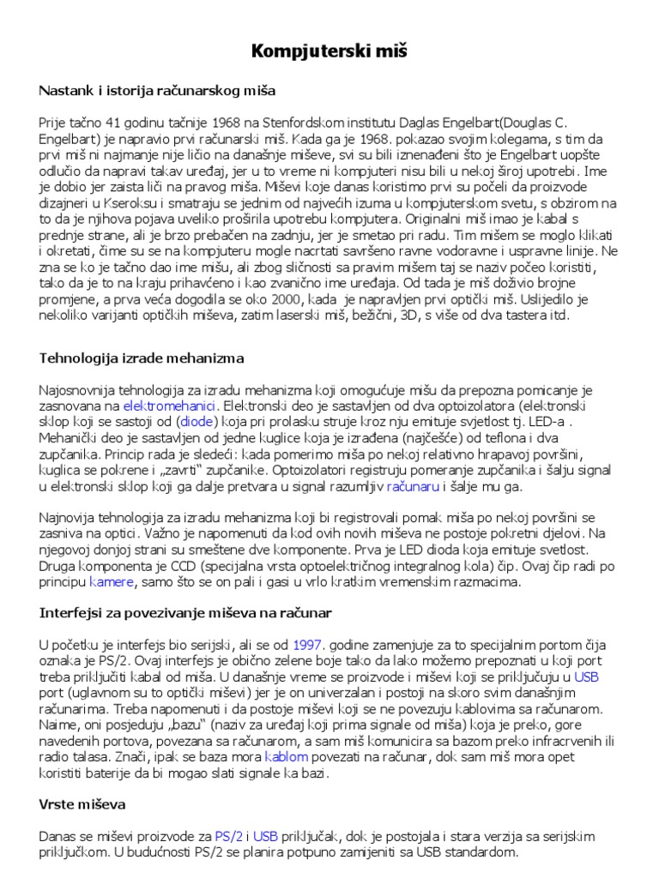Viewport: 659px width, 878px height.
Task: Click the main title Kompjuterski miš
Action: pyautogui.click(x=329, y=52)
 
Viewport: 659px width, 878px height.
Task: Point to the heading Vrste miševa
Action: pyautogui.click(x=82, y=805)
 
